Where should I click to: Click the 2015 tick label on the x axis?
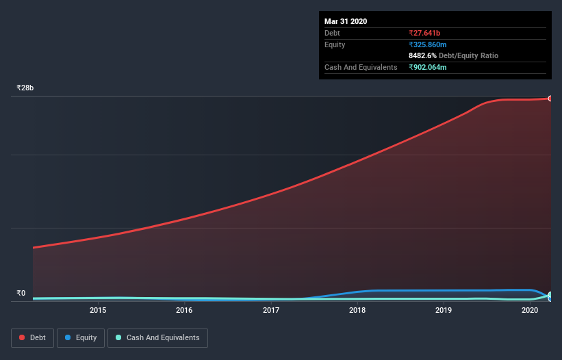(x=98, y=310)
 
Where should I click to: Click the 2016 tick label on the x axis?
(x=184, y=310)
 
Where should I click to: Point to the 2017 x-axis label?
(x=271, y=310)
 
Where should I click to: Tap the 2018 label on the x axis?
(x=357, y=310)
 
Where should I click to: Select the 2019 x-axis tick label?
(x=444, y=310)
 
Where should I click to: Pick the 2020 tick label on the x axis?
(x=530, y=310)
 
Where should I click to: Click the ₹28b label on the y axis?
(x=25, y=88)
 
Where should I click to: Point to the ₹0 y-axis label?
(x=21, y=294)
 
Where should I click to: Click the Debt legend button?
(x=33, y=337)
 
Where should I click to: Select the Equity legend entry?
(x=82, y=337)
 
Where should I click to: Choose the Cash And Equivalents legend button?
(x=157, y=337)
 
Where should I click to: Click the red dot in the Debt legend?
(x=23, y=337)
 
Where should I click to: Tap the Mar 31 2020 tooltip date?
(x=346, y=21)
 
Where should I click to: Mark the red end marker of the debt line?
(x=550, y=99)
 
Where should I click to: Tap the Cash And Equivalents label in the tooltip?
(x=361, y=67)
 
